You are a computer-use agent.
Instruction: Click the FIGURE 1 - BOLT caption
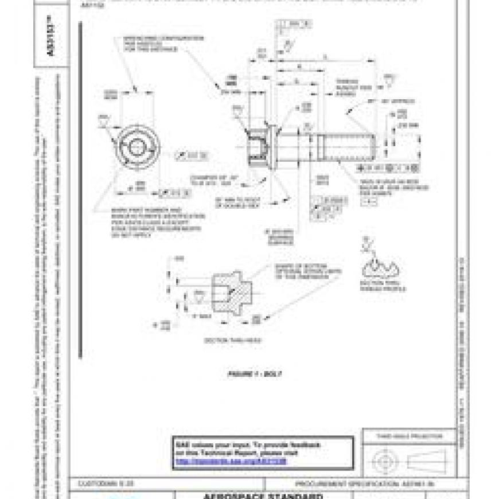pyautogui.click(x=254, y=374)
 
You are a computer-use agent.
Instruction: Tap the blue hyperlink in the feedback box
pyautogui.click(x=230, y=461)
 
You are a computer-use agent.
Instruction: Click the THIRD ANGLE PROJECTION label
pyautogui.click(x=409, y=436)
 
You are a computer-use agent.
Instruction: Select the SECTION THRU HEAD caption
pyautogui.click(x=232, y=340)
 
